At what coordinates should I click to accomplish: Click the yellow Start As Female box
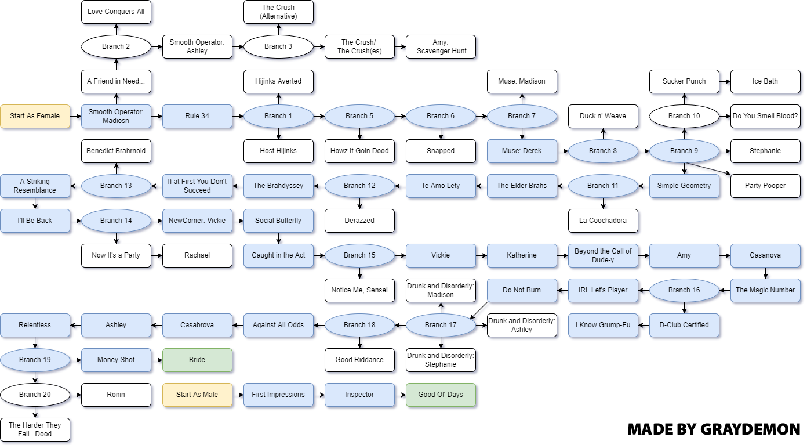click(x=35, y=116)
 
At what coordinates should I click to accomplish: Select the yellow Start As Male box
click(x=197, y=395)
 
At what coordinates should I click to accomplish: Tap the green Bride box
click(x=197, y=360)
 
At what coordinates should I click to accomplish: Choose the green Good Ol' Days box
click(x=441, y=395)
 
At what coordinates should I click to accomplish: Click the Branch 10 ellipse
click(x=684, y=116)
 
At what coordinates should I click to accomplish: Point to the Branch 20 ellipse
click(x=35, y=395)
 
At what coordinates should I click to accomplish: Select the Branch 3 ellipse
click(x=278, y=46)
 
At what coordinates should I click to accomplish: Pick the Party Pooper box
click(x=765, y=186)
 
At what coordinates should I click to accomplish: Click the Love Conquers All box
click(x=116, y=12)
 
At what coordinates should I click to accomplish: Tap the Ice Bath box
click(x=765, y=81)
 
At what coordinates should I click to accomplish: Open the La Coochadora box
click(x=603, y=221)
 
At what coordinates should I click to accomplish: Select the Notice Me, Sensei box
click(x=359, y=290)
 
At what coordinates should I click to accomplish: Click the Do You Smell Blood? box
click(x=765, y=116)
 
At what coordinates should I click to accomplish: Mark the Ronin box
click(x=116, y=395)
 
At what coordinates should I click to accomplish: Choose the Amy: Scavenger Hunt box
click(x=441, y=46)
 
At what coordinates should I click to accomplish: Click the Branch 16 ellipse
click(x=684, y=290)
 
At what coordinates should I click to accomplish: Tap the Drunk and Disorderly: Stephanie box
click(x=441, y=360)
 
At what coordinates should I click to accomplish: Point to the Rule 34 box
click(x=197, y=116)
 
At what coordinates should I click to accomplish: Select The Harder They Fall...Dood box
click(x=35, y=429)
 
